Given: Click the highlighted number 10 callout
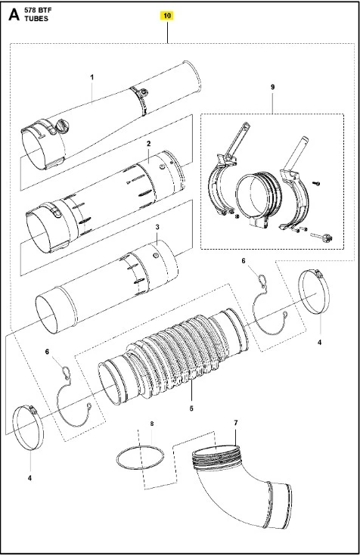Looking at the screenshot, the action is (167, 16).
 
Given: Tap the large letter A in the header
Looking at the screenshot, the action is (14, 14).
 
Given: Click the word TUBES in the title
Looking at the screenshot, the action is (36, 19).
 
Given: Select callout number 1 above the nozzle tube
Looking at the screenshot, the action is (92, 77).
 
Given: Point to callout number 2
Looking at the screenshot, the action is (148, 144).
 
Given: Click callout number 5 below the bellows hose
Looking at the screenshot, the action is (191, 408).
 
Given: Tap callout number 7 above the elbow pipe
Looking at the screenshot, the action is (235, 423).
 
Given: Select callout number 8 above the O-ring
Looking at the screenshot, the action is (152, 424).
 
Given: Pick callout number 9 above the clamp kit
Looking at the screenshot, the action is (272, 87).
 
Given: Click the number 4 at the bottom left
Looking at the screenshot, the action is (29, 478).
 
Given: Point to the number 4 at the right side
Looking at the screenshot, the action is (319, 342).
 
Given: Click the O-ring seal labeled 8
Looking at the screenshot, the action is (117, 458).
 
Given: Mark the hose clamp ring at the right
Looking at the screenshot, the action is (300, 291).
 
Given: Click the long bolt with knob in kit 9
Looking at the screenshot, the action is (321, 237).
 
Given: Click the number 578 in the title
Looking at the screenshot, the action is (29, 11).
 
